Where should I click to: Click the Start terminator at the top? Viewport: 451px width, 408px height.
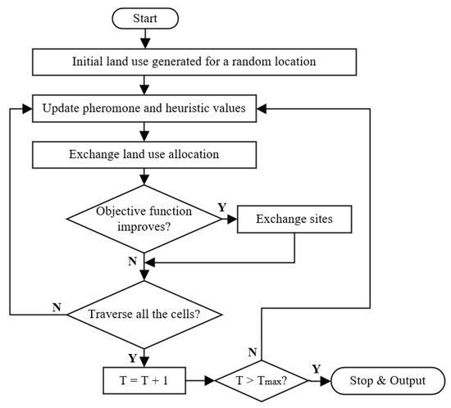[x=145, y=16]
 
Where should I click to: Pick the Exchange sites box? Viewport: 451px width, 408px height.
[x=294, y=221]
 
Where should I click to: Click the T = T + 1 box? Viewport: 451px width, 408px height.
[x=145, y=381]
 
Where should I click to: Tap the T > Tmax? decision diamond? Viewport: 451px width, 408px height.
[x=261, y=381]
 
